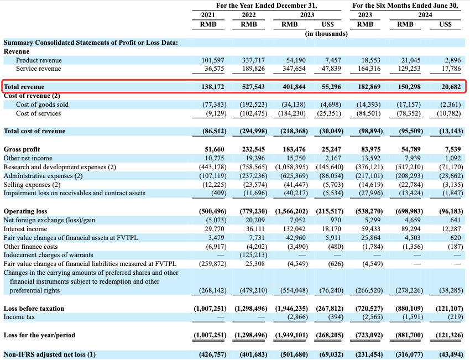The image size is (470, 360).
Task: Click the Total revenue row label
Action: click(24, 87)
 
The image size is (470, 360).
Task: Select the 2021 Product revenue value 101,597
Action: click(213, 60)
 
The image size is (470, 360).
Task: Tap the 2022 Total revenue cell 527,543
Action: click(254, 87)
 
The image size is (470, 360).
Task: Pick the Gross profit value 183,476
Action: click(294, 149)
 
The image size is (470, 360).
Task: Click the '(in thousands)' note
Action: click(326, 34)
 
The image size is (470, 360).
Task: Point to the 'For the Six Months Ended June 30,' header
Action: click(405, 6)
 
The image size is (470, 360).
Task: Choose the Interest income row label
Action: click(25, 229)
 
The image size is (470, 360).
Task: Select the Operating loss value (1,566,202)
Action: click(291, 211)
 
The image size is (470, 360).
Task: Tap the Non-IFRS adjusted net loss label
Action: click(49, 354)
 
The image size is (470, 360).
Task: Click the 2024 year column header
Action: click(425, 15)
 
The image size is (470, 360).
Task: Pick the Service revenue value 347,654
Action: click(294, 69)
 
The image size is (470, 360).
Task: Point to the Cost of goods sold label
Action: click(42, 105)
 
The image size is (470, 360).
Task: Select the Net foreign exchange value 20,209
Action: click(255, 220)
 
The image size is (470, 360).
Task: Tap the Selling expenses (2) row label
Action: click(32, 185)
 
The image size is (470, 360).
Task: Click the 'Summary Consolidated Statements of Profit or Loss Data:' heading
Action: click(91, 43)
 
